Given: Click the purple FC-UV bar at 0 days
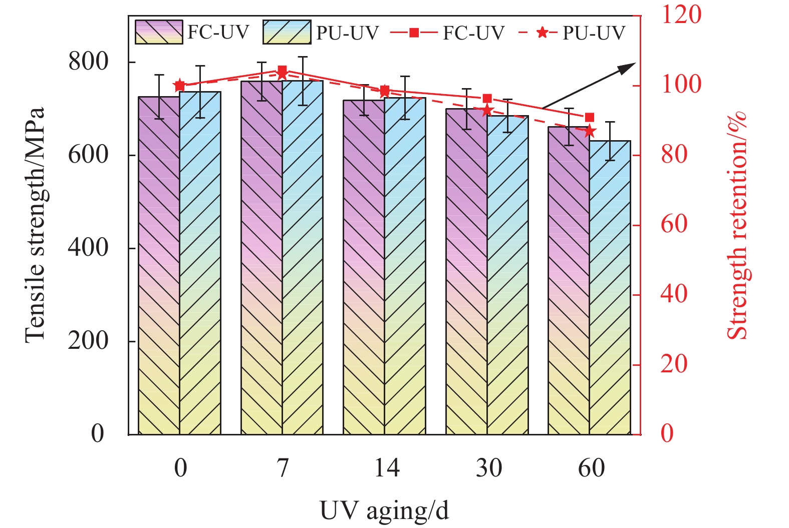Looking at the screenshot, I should pos(159,265).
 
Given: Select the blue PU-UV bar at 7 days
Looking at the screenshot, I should pos(303,257).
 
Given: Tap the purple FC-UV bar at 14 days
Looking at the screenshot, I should pos(364,267).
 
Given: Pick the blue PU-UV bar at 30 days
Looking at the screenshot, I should pos(507,275).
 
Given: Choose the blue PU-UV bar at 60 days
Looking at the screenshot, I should pos(610,287).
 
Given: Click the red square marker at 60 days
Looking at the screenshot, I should pos(590,118).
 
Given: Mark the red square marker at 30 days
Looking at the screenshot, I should pos(487,99).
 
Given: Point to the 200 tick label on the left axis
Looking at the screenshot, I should pos(88,341).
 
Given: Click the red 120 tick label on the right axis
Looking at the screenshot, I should pos(681,15).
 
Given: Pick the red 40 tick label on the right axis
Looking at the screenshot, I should pos(674,294).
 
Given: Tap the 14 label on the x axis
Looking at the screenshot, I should pos(387,468).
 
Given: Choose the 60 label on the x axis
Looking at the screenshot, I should pos(591,468).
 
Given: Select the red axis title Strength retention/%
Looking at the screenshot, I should pos(736,225).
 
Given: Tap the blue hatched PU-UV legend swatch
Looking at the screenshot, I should pos(287,33).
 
